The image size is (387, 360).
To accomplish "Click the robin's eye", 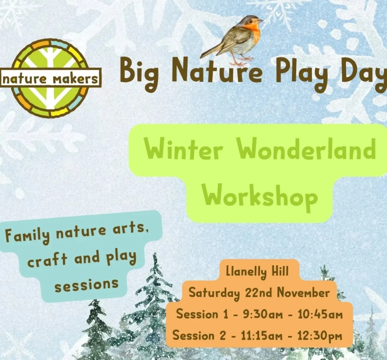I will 251,21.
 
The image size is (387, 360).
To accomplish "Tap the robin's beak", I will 260,20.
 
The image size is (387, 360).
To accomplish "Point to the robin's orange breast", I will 255,32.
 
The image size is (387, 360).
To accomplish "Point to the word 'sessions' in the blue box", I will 86,285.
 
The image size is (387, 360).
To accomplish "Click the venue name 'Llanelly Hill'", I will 257,271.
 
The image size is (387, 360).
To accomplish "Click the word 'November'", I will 303,292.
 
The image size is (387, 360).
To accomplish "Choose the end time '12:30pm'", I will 320,336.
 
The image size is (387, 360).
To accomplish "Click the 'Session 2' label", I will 199,336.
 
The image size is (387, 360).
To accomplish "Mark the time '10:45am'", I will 320,314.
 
